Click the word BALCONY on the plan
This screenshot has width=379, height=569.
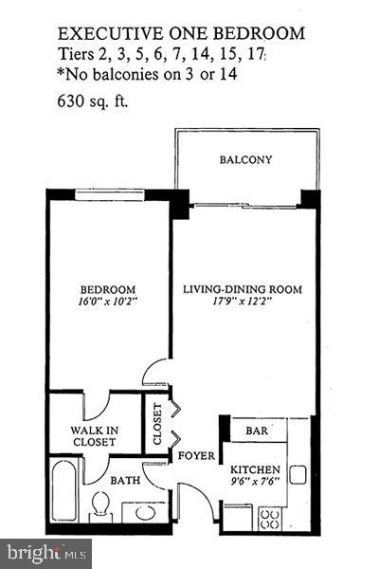click(245, 160)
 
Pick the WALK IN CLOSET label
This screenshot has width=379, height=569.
click(95, 436)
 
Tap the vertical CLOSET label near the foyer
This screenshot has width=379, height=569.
click(156, 428)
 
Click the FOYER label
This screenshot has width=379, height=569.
click(197, 456)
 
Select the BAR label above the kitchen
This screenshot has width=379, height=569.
click(257, 431)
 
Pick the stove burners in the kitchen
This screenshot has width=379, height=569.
click(269, 518)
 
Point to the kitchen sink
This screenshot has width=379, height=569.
click(298, 473)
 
